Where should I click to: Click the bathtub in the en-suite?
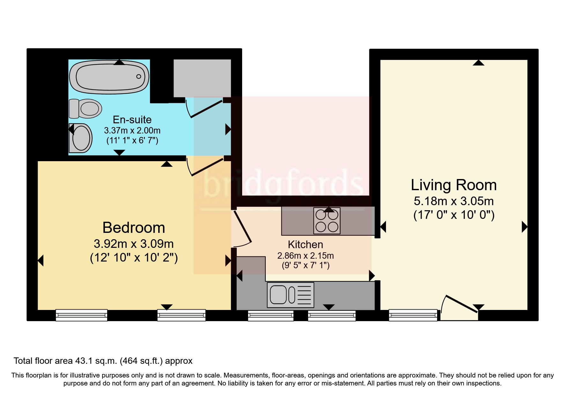pos(109,77)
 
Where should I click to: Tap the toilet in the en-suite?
pos(85,109)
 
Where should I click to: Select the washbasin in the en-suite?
pos(80,138)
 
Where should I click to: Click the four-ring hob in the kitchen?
pos(327,221)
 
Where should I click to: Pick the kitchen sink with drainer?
pos(290,295)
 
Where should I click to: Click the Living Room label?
pos(453,185)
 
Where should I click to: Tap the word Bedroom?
pos(134,228)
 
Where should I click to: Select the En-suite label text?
pos(132,120)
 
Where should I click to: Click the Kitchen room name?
pos(305,245)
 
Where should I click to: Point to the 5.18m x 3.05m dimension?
pos(453,201)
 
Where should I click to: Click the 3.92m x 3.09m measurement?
pos(134,244)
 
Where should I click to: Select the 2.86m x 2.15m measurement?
pos(305,256)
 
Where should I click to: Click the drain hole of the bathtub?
pos(138,76)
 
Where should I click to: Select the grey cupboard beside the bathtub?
pos(202,78)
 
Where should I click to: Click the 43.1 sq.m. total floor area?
pos(96,361)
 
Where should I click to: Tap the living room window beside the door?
pos(413,315)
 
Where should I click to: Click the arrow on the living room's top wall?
pos(478,63)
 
